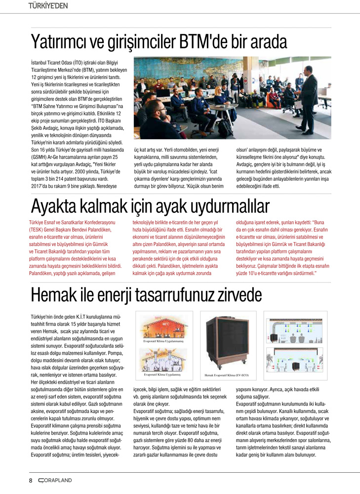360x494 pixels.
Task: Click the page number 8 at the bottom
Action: point(31,480)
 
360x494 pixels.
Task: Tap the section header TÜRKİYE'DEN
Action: point(48,6)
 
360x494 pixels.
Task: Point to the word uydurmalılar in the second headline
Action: point(228,206)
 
